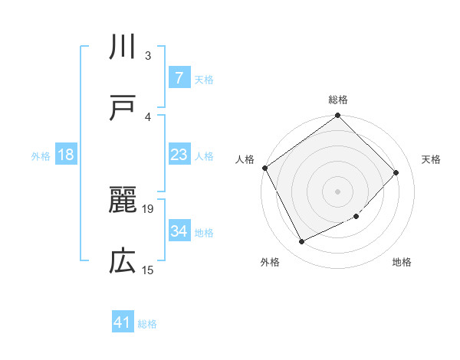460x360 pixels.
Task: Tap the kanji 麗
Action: [123, 201]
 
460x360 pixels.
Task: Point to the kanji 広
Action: [123, 261]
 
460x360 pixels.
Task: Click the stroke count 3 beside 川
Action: [147, 56]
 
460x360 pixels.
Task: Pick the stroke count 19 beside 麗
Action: [149, 208]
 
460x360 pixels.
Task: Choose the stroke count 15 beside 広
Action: [149, 269]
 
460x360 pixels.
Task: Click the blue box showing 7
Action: [179, 78]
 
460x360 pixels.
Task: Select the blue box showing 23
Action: [179, 155]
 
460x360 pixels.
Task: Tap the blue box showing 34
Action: [179, 231]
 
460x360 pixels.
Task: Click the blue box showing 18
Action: [66, 155]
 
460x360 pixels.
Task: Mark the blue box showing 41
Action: [123, 323]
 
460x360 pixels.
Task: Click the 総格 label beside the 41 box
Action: [147, 324]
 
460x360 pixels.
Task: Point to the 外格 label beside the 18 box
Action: [41, 155]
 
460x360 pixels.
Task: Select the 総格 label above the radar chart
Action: [338, 100]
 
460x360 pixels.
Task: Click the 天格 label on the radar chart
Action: [432, 159]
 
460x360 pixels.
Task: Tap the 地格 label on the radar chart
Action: [402, 263]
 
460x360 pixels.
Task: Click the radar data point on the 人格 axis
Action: [265, 168]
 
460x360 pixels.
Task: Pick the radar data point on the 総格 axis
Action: [338, 116]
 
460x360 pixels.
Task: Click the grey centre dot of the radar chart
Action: [338, 191]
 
